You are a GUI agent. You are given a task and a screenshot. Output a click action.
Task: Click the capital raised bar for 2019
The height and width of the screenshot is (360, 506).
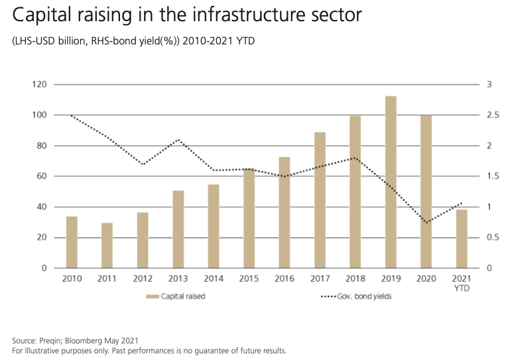pyautogui.click(x=391, y=182)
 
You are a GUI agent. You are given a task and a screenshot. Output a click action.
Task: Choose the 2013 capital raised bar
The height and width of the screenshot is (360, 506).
pyautogui.click(x=178, y=229)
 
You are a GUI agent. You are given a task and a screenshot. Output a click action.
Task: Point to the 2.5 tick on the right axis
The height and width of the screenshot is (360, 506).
pyautogui.click(x=491, y=115)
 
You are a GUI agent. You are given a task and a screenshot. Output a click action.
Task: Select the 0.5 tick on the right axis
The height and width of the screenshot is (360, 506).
pyautogui.click(x=491, y=237)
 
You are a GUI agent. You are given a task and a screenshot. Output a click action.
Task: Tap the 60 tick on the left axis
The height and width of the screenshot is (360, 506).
pyautogui.click(x=42, y=176)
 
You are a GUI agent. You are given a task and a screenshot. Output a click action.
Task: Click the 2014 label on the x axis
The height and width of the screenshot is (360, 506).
pyautogui.click(x=213, y=279)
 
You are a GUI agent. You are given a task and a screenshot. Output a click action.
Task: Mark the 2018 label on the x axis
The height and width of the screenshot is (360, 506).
pyautogui.click(x=355, y=279)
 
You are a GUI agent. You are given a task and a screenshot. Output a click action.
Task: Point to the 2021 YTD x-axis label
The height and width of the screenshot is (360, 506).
pyautogui.click(x=462, y=284)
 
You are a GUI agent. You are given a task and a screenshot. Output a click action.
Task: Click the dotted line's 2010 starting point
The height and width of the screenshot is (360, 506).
pyautogui.click(x=72, y=115)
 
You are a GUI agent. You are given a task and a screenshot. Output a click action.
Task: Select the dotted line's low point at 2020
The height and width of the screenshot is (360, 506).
pyautogui.click(x=426, y=222)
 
